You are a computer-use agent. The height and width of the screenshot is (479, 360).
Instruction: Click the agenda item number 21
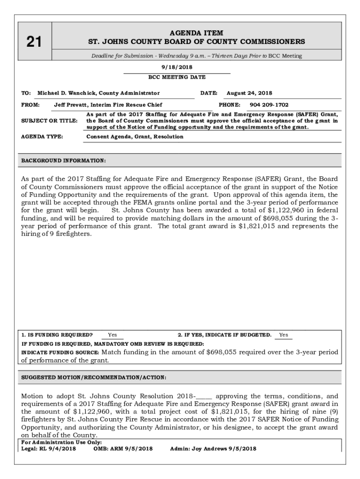pos(34,43)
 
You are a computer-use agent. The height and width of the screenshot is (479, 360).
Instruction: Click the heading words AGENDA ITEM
pos(196,33)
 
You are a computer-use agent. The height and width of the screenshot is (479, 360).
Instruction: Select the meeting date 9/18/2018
pos(177,67)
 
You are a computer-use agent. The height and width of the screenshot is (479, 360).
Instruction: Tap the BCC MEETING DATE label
pos(177,77)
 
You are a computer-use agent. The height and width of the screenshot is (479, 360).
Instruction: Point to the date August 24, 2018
pos(249,93)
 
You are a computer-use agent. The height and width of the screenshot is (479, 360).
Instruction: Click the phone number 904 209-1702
pos(269,105)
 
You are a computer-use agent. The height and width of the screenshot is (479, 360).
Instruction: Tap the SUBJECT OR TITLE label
pos(50,121)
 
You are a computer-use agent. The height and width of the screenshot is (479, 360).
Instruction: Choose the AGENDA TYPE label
pos(42,137)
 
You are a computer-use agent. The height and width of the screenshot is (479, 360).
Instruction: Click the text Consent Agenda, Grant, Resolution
pos(135,137)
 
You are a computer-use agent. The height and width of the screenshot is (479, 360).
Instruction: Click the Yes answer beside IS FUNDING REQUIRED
pos(113,335)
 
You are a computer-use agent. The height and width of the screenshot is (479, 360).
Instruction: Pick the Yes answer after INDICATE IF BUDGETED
pos(283,335)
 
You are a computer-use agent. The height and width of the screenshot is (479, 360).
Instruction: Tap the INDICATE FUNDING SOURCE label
pos(60,352)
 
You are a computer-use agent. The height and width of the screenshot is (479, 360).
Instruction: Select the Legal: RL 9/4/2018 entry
pos(49,449)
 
